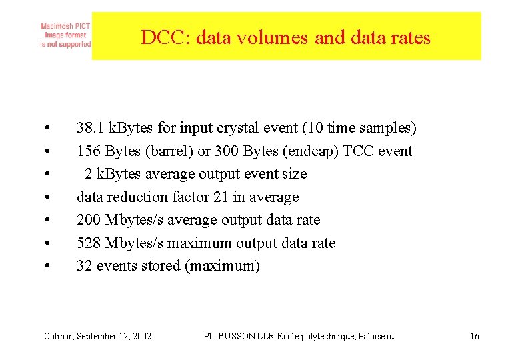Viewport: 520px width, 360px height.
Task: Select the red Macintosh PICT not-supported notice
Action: coord(65,35)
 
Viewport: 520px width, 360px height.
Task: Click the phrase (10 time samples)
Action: coord(361,128)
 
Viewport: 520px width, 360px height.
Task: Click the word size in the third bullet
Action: coord(294,174)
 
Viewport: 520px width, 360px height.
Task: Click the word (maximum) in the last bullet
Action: coord(222,266)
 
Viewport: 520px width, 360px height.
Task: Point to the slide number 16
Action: coord(474,336)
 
